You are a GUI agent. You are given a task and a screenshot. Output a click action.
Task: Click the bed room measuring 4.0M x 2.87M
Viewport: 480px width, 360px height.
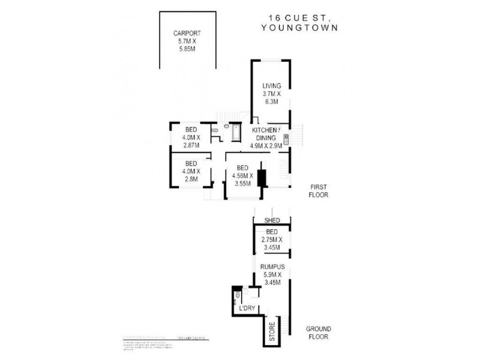191,137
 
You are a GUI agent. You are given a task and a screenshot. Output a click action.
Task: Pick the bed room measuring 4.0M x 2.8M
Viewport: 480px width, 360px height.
191,171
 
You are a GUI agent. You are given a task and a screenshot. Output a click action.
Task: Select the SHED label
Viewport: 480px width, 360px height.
272,221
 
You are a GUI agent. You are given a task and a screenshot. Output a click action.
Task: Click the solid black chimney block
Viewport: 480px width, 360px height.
262,178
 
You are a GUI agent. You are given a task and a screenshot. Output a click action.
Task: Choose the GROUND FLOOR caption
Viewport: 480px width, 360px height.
322,333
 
